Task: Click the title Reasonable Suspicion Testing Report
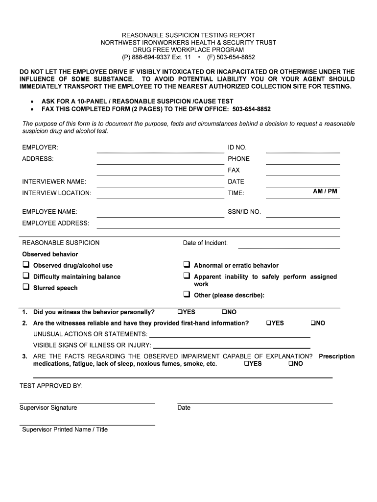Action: [188, 35]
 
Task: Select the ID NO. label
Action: [237, 148]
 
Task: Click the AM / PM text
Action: [325, 191]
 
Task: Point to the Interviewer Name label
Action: [54, 182]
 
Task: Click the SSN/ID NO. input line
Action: [303, 214]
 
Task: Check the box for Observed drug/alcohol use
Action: [26, 265]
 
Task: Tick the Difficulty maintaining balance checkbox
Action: [26, 276]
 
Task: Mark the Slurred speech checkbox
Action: [26, 287]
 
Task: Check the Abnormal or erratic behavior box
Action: [187, 265]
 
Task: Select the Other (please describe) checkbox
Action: [187, 295]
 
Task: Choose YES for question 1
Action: [180, 312]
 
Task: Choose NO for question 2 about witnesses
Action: [312, 324]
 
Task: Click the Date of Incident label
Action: [205, 243]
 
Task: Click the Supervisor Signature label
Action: [48, 408]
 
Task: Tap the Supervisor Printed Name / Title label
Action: [65, 430]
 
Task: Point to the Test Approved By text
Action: [51, 386]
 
